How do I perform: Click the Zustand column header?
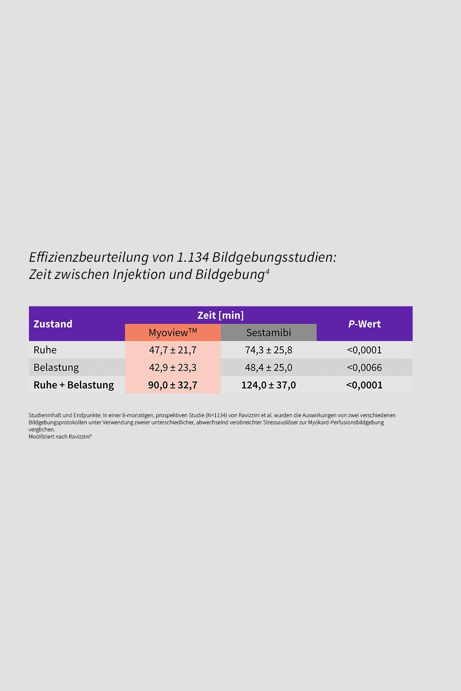coord(53,324)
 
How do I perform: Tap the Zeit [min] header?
coord(220,315)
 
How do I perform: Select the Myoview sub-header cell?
coord(173,333)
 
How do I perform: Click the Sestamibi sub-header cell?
coord(269,333)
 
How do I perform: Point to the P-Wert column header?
coord(364,324)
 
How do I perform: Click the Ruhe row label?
coord(45,350)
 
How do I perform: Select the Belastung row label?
coord(56,367)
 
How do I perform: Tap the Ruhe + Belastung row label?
coord(74,385)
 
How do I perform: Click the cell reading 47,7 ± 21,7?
coord(173,350)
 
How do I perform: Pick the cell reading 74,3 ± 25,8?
coord(269,350)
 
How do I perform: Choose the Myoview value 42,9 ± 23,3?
coord(173,367)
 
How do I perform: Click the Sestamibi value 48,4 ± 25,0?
coord(269,367)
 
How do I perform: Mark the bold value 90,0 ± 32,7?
coord(173,385)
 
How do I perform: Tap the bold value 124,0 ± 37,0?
coord(269,385)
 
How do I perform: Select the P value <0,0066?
coord(364,367)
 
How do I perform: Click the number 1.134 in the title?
coord(193,257)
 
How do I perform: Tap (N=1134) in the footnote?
coord(216,415)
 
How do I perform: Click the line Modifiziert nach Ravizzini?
coord(60,436)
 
